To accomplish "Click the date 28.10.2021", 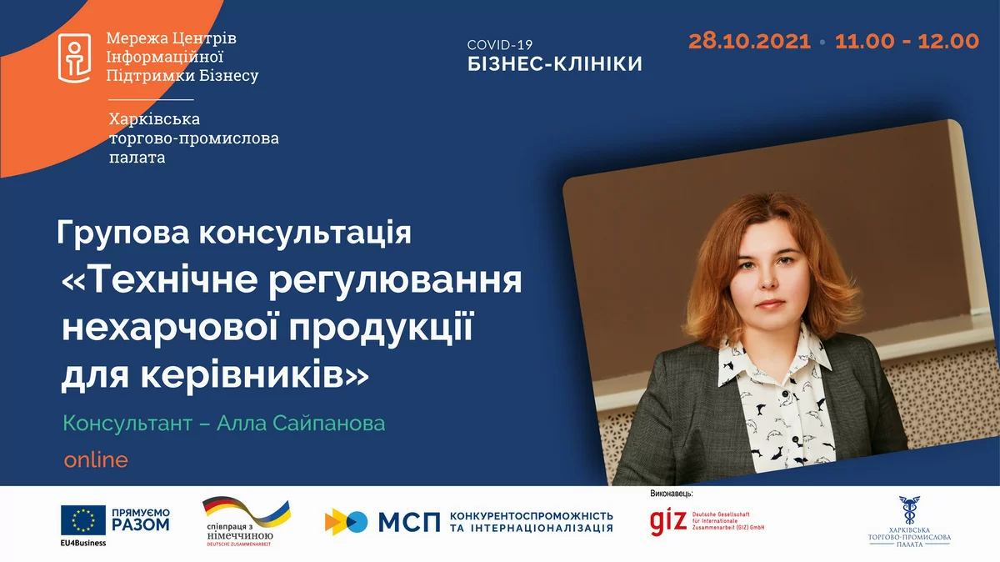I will coord(749,42).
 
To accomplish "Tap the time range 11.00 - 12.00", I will coord(907,42).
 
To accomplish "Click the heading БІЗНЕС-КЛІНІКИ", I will coord(555,64).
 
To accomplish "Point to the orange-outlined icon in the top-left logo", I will coord(74,58).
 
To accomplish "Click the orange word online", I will coord(96,459).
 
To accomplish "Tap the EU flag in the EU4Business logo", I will coord(82,520).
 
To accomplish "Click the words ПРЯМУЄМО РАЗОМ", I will coord(140,519).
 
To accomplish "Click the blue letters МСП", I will coord(409,522).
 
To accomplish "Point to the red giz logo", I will coord(668,521).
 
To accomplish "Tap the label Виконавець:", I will coord(672,494).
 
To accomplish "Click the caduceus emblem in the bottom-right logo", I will coord(909,509).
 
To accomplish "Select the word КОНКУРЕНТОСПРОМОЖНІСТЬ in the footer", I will coord(531,516).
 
